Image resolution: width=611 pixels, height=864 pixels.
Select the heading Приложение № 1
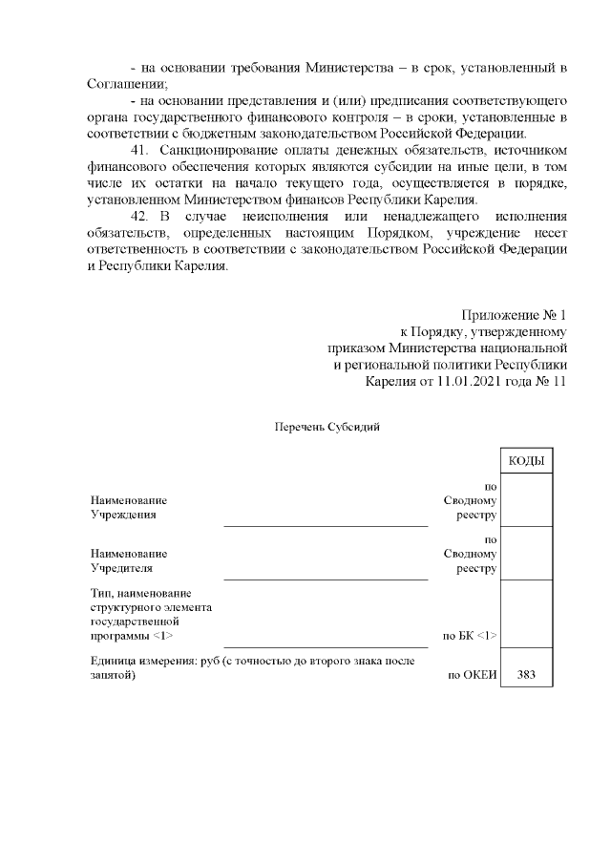pyautogui.click(x=515, y=314)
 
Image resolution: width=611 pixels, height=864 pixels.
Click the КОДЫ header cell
pyautogui.click(x=526, y=461)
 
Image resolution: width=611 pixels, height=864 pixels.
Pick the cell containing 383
pyautogui.click(x=526, y=674)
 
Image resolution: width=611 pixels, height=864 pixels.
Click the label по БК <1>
pyautogui.click(x=470, y=635)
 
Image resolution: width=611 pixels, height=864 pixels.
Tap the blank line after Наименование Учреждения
pyautogui.click(x=325, y=523)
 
